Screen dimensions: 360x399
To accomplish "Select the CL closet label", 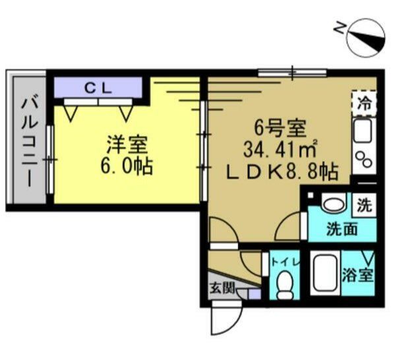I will [x=98, y=87].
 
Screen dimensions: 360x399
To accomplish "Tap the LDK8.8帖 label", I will [x=282, y=172].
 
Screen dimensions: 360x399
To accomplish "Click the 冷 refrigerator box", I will [x=364, y=103].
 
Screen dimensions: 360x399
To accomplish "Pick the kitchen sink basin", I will [x=363, y=132].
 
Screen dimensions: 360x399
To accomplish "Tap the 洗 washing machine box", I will [x=364, y=204].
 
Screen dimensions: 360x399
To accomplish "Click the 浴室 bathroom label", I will [x=358, y=276].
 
